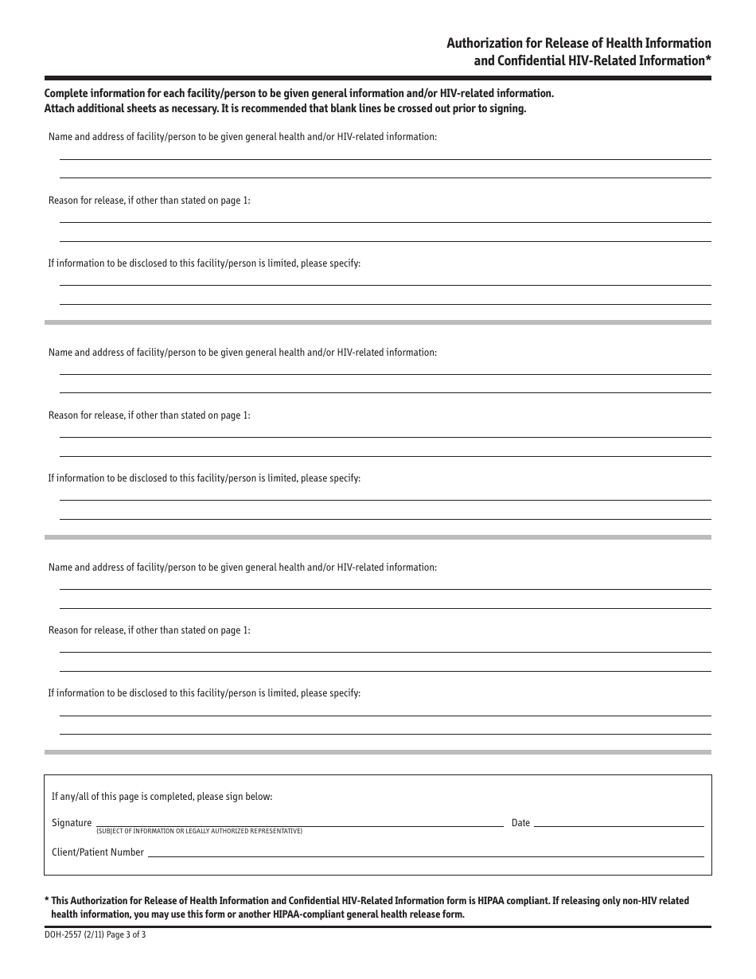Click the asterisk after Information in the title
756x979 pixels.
[x=707, y=60]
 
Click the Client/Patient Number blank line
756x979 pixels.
[x=426, y=854]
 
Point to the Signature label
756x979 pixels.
[x=72, y=823]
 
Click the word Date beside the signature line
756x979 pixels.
[x=520, y=823]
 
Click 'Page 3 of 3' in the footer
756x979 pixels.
[x=126, y=936]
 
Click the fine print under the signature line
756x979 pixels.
[x=199, y=832]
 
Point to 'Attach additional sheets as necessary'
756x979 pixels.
[x=127, y=109]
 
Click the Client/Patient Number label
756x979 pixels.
[x=98, y=852]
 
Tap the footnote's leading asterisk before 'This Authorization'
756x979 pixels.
[x=47, y=900]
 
